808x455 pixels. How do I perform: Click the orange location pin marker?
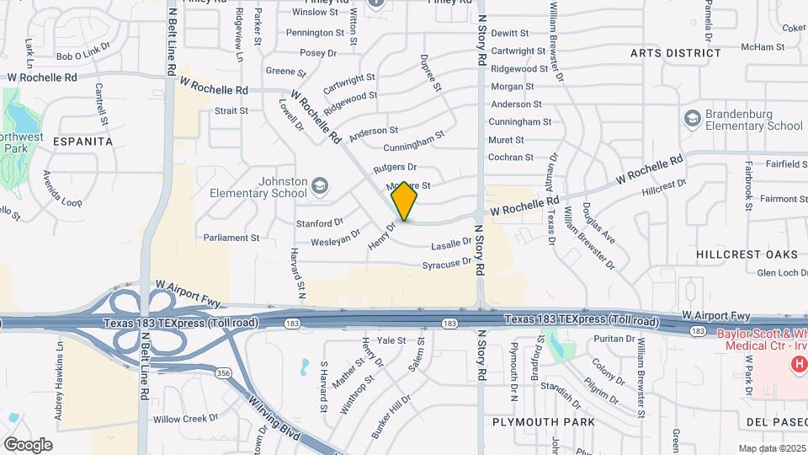405,201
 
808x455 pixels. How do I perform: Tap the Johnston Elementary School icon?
320,185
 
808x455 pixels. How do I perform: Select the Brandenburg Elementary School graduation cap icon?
693,118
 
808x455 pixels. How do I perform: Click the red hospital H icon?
796,363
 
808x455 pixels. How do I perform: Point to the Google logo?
28,444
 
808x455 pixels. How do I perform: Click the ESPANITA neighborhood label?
82,142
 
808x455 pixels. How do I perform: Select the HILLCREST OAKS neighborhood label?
747,254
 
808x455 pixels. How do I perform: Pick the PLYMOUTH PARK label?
544,421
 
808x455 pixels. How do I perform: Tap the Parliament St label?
231,238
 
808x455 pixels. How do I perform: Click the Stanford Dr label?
320,223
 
